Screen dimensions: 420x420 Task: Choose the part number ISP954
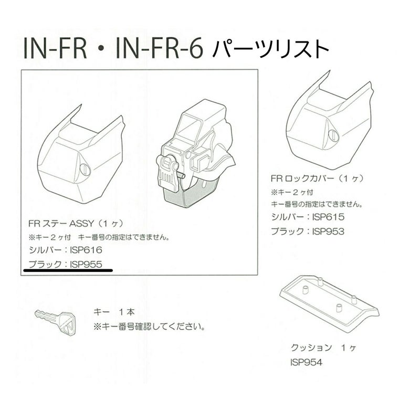307,362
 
